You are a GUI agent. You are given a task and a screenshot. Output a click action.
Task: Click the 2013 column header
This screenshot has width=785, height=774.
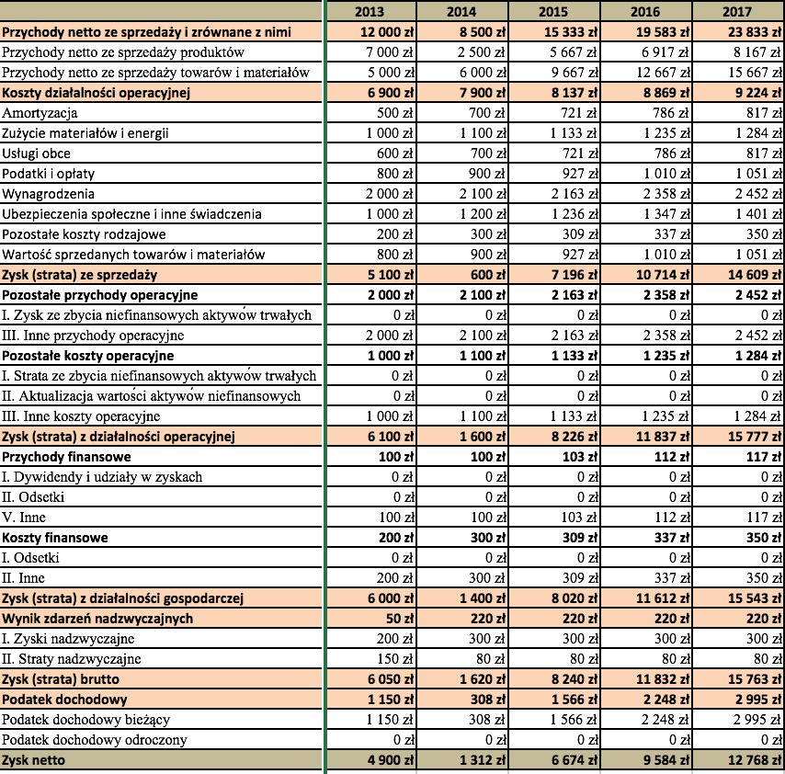369,12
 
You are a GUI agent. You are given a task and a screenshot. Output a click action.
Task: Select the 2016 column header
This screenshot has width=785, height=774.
645,12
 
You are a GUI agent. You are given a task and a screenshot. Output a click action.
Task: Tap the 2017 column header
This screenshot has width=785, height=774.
737,12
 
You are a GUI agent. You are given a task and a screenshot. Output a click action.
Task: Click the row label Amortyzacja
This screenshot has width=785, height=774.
40,113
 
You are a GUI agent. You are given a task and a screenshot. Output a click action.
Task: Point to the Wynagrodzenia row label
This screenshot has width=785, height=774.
48,194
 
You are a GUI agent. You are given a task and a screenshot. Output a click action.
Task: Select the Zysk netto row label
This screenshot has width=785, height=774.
33,760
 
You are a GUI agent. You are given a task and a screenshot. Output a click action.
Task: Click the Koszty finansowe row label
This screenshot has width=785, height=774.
55,538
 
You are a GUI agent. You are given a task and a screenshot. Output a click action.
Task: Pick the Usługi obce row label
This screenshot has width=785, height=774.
36,154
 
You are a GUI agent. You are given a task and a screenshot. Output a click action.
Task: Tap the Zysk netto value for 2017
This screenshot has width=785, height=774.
755,760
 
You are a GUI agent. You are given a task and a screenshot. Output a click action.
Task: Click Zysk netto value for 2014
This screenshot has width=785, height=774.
483,760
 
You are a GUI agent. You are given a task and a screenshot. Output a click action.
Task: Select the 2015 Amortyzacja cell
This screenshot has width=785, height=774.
579,113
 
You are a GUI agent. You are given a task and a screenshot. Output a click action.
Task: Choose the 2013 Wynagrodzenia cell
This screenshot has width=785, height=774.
390,194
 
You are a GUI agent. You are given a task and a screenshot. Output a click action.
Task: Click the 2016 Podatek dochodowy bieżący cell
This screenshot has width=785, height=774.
666,720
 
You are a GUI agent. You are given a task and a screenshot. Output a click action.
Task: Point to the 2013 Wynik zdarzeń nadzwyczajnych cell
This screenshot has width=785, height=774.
400,619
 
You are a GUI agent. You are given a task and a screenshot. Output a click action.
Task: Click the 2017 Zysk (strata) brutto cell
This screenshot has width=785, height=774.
755,679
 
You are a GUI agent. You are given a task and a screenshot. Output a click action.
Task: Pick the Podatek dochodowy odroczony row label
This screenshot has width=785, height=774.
94,740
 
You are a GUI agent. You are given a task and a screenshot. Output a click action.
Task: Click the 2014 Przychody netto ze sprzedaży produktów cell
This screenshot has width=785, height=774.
481,52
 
